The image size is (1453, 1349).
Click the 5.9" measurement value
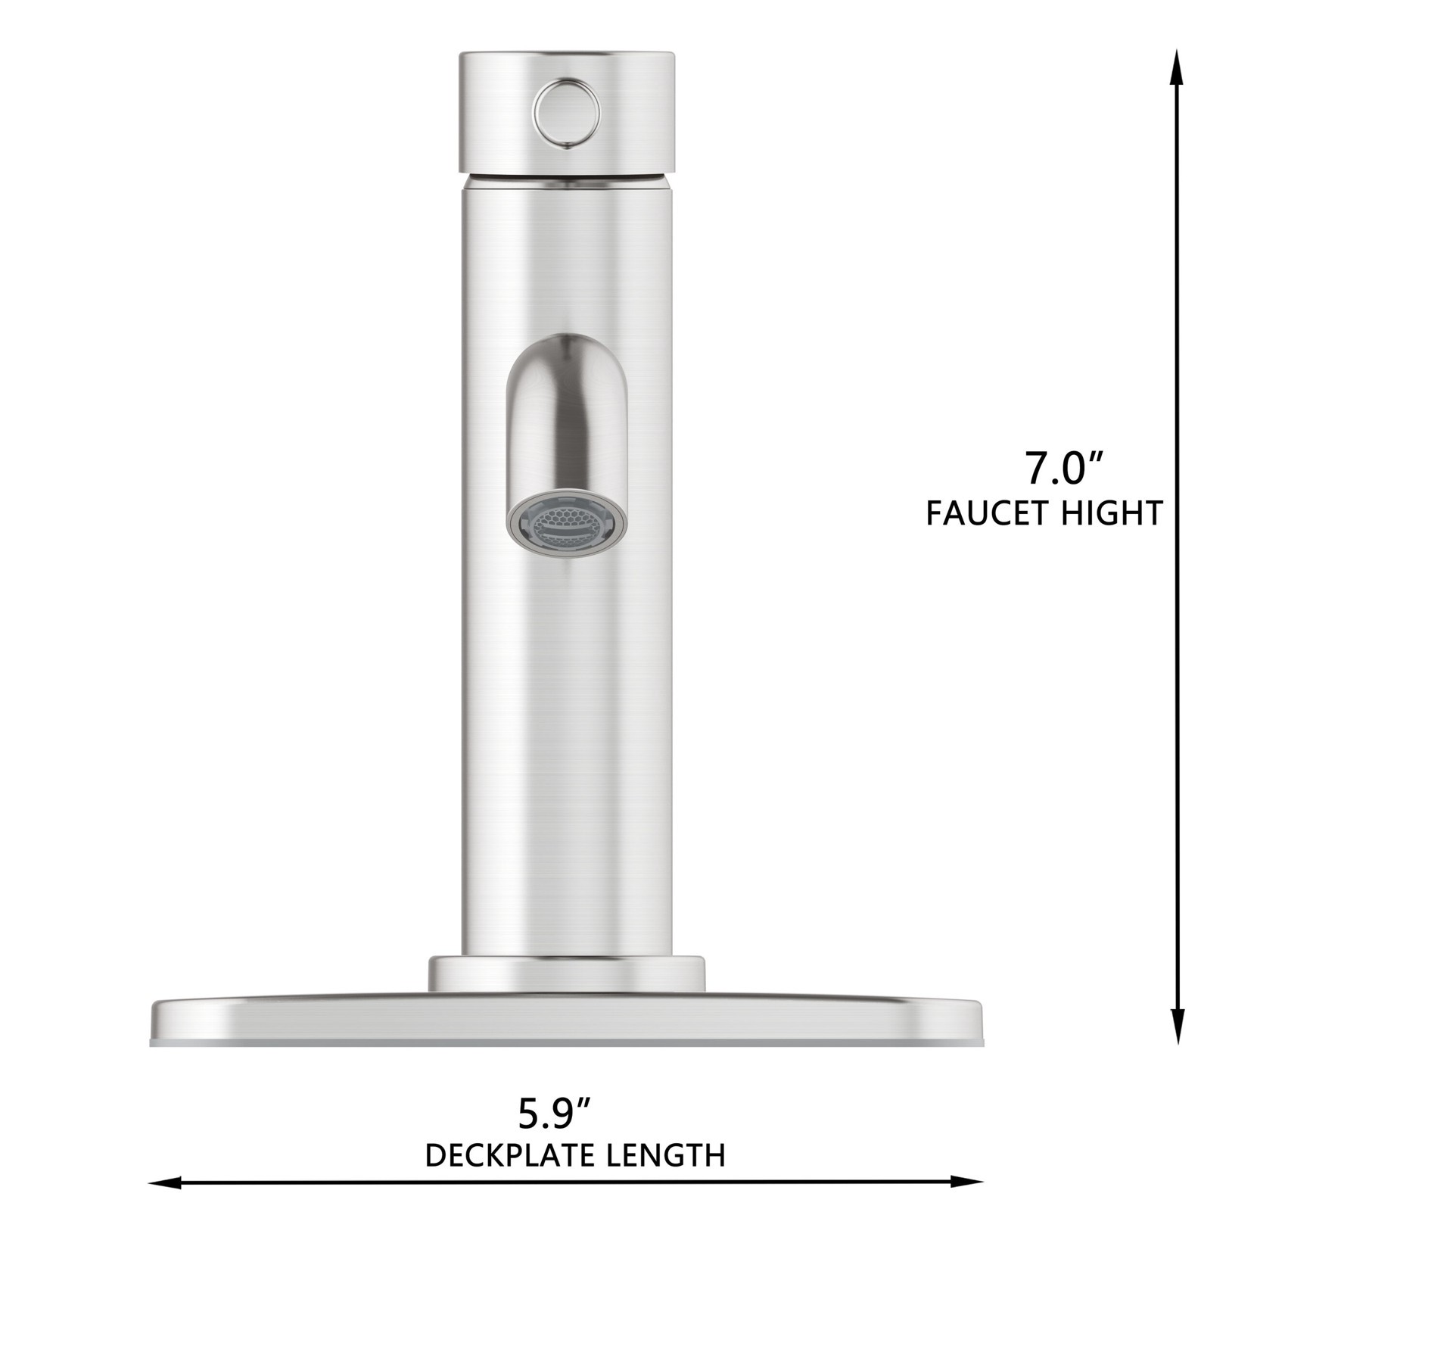pyautogui.click(x=553, y=1114)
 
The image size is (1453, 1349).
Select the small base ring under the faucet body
pyautogui.click(x=567, y=975)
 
